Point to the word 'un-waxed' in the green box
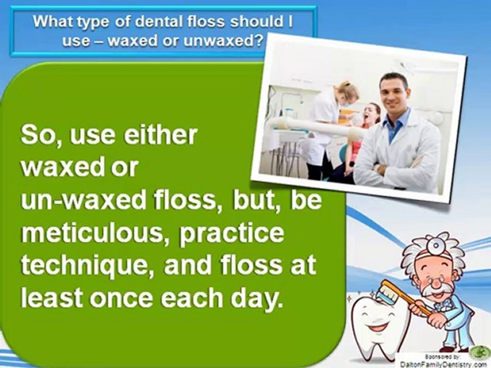[x=83, y=200]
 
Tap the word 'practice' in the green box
[x=231, y=234]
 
